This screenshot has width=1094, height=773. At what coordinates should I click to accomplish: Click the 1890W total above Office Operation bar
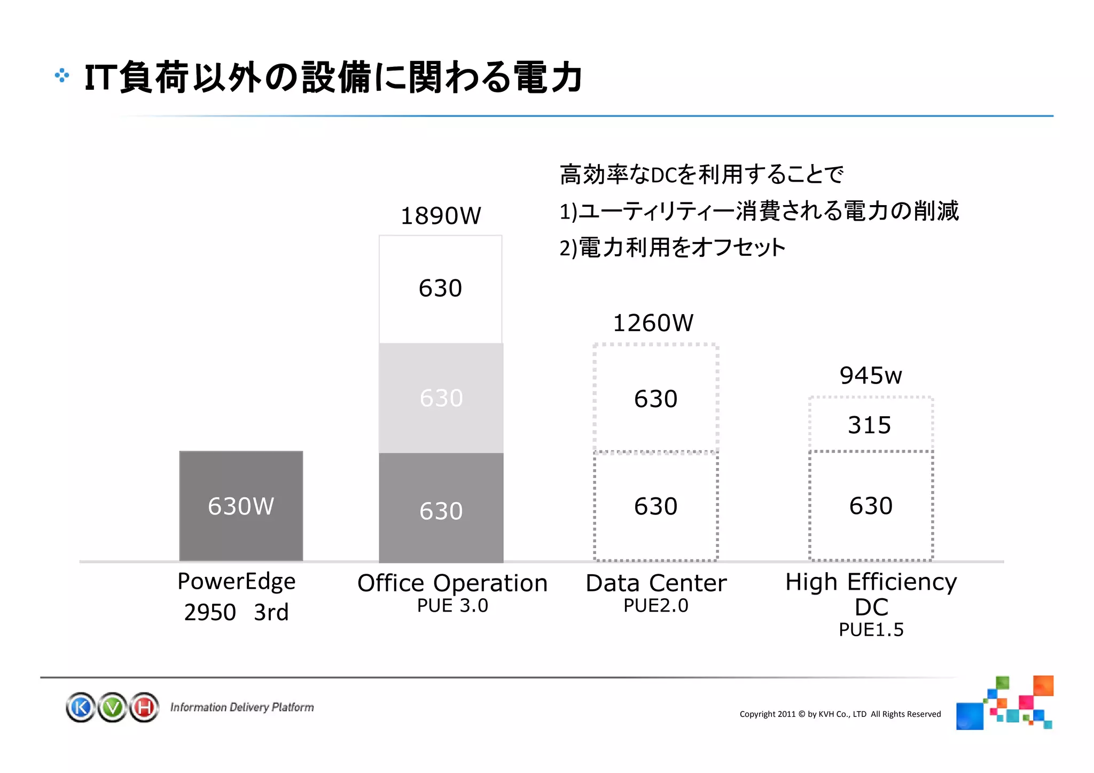[441, 216]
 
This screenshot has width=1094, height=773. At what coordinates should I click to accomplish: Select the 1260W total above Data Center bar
[653, 323]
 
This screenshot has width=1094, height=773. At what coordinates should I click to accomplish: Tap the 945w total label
[870, 376]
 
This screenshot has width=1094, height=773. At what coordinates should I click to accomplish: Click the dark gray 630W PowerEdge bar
[241, 506]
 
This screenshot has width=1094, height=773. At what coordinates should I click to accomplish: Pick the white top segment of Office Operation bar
[440, 289]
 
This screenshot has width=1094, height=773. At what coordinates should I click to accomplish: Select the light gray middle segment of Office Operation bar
[441, 398]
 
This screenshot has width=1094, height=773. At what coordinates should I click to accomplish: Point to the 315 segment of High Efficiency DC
[870, 425]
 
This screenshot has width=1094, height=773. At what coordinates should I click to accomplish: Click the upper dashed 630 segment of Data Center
[655, 399]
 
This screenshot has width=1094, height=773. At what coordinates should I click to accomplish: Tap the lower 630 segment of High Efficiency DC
[871, 505]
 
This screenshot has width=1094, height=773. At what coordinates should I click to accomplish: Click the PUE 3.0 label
[452, 606]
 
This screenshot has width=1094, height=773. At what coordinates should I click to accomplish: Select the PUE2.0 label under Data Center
[656, 606]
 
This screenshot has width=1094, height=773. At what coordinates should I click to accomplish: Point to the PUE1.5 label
[871, 630]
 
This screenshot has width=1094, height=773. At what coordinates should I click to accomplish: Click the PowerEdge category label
[236, 581]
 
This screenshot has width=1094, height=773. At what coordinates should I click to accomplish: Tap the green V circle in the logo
[113, 707]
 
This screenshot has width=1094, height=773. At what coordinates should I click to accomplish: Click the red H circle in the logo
[144, 707]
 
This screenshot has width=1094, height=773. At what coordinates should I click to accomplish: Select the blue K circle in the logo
[81, 707]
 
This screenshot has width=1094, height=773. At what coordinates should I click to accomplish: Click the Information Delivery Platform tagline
[241, 707]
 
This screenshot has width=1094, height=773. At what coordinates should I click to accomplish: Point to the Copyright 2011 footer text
[840, 714]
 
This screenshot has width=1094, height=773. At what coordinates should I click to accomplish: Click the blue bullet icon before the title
[61, 76]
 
